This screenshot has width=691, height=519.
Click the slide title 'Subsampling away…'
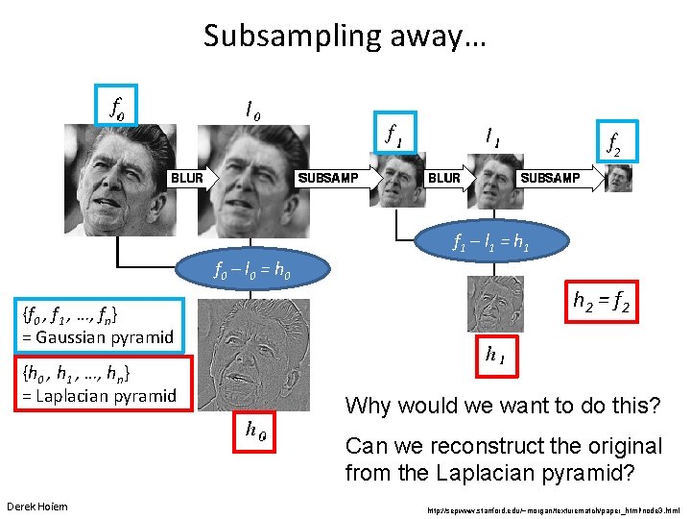[345, 37]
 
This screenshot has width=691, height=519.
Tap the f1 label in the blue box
[393, 136]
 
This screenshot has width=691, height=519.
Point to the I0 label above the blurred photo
[252, 111]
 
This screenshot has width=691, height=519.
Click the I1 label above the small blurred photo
[492, 138]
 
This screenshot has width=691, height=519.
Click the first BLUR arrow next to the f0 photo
[192, 178]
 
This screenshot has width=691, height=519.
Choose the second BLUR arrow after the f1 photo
[445, 178]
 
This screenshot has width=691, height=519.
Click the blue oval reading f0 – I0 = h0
[258, 269]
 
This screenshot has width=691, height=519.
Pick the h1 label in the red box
[496, 357]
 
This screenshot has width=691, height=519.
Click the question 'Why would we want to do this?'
[503, 406]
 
